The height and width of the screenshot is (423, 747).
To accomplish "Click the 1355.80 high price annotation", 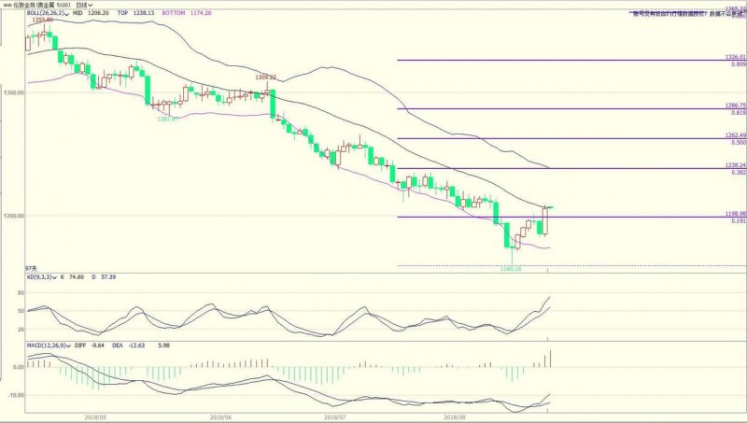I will (x=43, y=20).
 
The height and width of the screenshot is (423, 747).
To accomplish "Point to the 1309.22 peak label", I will (x=267, y=77).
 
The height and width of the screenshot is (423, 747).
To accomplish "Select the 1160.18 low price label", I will (x=511, y=269).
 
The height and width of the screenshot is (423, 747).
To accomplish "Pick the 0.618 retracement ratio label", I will (x=738, y=112).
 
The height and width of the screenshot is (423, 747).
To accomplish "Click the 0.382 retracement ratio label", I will (x=738, y=172).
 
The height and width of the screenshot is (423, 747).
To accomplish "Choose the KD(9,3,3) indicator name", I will (x=42, y=277).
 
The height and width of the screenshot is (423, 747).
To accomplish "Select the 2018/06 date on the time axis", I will (x=220, y=417).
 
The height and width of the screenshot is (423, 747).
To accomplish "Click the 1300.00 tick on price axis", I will (x=12, y=93).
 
